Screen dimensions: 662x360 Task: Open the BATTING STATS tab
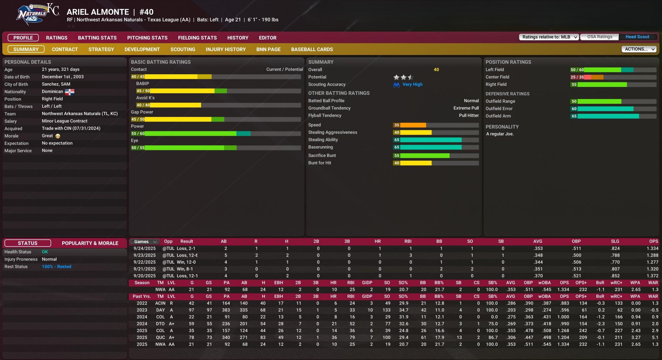point(97,38)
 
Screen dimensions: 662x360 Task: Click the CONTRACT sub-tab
point(65,49)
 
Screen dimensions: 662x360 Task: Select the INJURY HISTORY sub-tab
point(226,49)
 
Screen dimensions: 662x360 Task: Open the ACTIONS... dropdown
point(639,49)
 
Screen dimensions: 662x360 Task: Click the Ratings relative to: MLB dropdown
point(549,37)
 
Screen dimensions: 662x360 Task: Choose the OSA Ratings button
point(600,37)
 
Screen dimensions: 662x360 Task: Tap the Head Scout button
point(637,37)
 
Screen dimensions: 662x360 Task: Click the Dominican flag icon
point(70,92)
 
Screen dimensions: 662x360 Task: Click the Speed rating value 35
point(397,125)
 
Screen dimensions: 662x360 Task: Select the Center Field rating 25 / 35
point(577,77)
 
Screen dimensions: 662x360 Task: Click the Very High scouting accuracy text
point(412,84)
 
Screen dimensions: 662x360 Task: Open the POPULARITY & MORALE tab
point(90,243)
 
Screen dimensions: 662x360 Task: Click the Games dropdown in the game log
point(145,241)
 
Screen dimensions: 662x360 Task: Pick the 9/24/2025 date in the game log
point(144,248)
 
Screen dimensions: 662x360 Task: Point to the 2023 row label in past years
point(142,310)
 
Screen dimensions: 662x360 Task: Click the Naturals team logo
point(37,14)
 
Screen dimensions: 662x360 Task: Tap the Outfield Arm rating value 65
point(574,116)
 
